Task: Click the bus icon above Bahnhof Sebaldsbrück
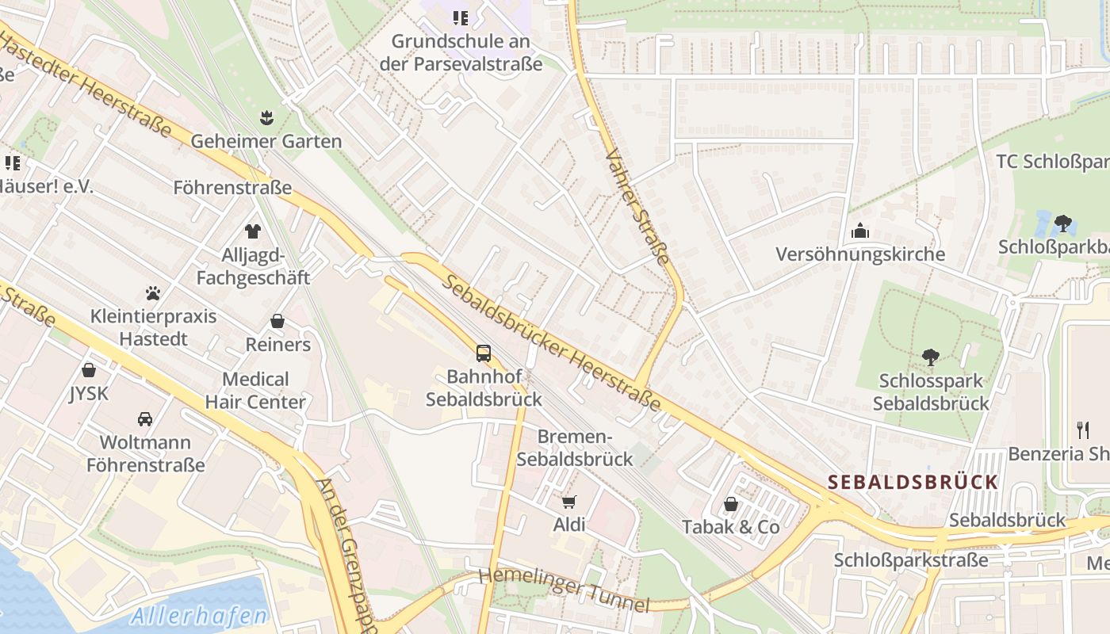[x=483, y=353]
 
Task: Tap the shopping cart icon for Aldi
[x=568, y=502]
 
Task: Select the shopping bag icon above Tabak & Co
[x=730, y=504]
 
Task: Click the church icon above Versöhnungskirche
[x=860, y=231]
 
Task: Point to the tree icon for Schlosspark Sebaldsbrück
[x=931, y=357]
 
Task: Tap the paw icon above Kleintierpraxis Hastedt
[x=153, y=293]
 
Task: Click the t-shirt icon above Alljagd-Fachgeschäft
[x=253, y=231]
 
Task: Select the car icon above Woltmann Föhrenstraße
[x=145, y=418]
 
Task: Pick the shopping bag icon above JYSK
[x=89, y=370]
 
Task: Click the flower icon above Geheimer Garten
[x=266, y=118]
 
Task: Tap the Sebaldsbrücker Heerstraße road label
[x=552, y=342]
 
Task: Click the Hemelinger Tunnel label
[x=564, y=589]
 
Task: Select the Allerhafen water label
[x=199, y=615]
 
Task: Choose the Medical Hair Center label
[x=255, y=390]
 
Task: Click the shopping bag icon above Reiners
[x=277, y=321]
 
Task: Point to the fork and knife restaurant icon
[x=1083, y=430]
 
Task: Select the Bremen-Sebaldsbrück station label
[x=575, y=448]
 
